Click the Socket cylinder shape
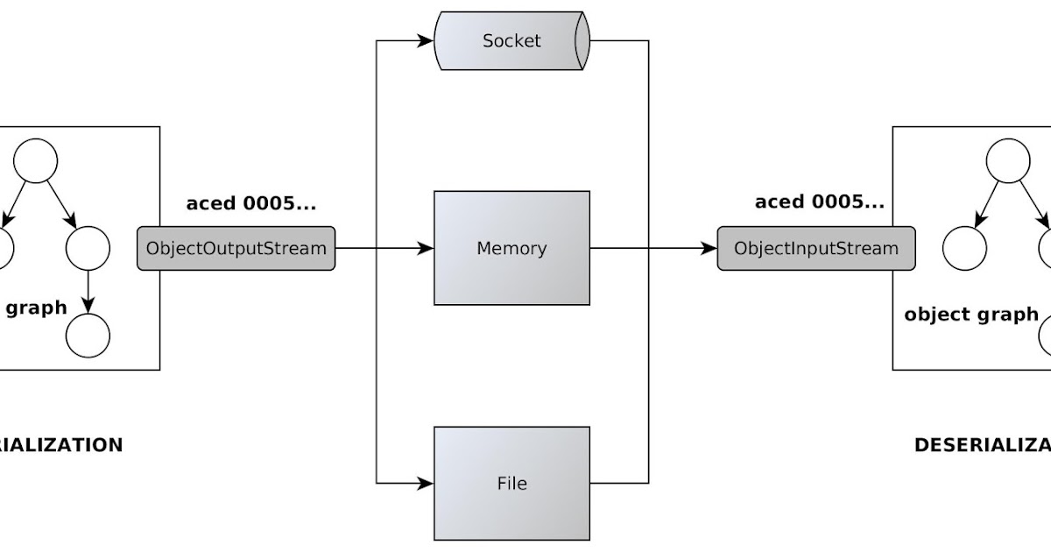[512, 40]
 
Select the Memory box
[512, 248]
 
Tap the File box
[512, 483]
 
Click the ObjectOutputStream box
[236, 248]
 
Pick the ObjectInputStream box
[816, 248]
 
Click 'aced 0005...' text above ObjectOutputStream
[251, 203]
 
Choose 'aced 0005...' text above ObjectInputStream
[820, 203]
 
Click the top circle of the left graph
[36, 160]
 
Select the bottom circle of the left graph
[88, 336]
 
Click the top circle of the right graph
[1008, 160]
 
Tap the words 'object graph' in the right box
[971, 315]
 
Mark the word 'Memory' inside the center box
[511, 248]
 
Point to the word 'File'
[511, 483]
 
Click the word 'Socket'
[511, 40]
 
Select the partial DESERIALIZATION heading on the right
[982, 445]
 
